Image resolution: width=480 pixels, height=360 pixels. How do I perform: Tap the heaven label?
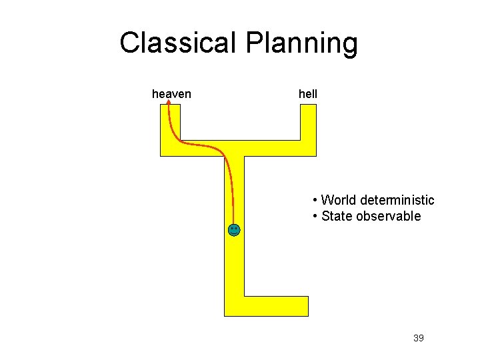[x=171, y=94]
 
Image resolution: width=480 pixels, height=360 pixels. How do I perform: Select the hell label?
[x=308, y=94]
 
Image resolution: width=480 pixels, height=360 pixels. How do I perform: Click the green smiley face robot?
[x=233, y=230]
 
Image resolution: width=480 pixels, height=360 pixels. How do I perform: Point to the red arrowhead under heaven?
[x=168, y=104]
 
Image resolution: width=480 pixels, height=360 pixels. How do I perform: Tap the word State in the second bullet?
[x=336, y=216]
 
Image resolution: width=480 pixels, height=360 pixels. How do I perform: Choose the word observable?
[x=388, y=216]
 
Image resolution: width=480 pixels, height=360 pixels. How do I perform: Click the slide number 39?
[x=419, y=338]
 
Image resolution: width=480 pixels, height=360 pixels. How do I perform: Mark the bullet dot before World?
[x=314, y=201]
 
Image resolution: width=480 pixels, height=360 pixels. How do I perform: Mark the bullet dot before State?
[x=314, y=217]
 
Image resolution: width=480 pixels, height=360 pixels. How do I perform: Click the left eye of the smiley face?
[x=231, y=229]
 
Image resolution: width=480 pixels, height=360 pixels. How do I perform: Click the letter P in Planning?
[x=256, y=43]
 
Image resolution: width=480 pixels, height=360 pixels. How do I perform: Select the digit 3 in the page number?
[x=416, y=338]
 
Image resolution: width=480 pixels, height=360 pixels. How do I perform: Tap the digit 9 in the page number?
[x=421, y=338]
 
